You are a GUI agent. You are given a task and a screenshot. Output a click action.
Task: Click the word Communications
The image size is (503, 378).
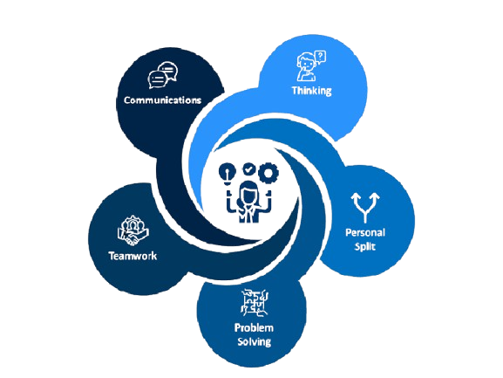163,100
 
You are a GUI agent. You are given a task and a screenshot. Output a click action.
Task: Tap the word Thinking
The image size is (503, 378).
311,90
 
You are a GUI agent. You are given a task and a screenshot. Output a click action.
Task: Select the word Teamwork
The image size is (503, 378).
133,256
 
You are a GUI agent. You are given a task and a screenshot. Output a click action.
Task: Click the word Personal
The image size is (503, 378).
365,232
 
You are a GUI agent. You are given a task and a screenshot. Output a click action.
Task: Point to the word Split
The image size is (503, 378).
364,246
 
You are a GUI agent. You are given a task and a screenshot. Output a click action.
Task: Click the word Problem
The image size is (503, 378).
254,327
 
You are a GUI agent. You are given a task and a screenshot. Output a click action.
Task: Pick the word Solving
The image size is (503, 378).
254,341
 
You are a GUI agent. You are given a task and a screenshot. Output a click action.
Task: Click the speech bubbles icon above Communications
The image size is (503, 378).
163,75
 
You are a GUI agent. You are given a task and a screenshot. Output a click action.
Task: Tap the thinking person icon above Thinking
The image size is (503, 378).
311,65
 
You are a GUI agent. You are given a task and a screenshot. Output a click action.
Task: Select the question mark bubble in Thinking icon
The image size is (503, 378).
320,57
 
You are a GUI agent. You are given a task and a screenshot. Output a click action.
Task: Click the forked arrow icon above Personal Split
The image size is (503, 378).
365,208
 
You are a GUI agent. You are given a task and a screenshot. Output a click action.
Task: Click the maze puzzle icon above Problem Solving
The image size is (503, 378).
254,302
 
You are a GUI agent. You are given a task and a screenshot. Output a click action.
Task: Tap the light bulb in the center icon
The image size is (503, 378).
228,174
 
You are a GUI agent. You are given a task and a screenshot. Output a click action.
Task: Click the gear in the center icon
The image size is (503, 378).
268,173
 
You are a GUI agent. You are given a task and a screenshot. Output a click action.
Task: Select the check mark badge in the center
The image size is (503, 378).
248,169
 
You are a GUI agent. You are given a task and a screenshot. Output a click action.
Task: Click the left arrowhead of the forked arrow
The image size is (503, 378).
356,197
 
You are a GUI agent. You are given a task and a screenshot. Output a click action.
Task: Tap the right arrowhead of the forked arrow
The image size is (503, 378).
374,197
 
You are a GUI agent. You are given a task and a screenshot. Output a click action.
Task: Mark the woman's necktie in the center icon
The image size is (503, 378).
249,216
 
